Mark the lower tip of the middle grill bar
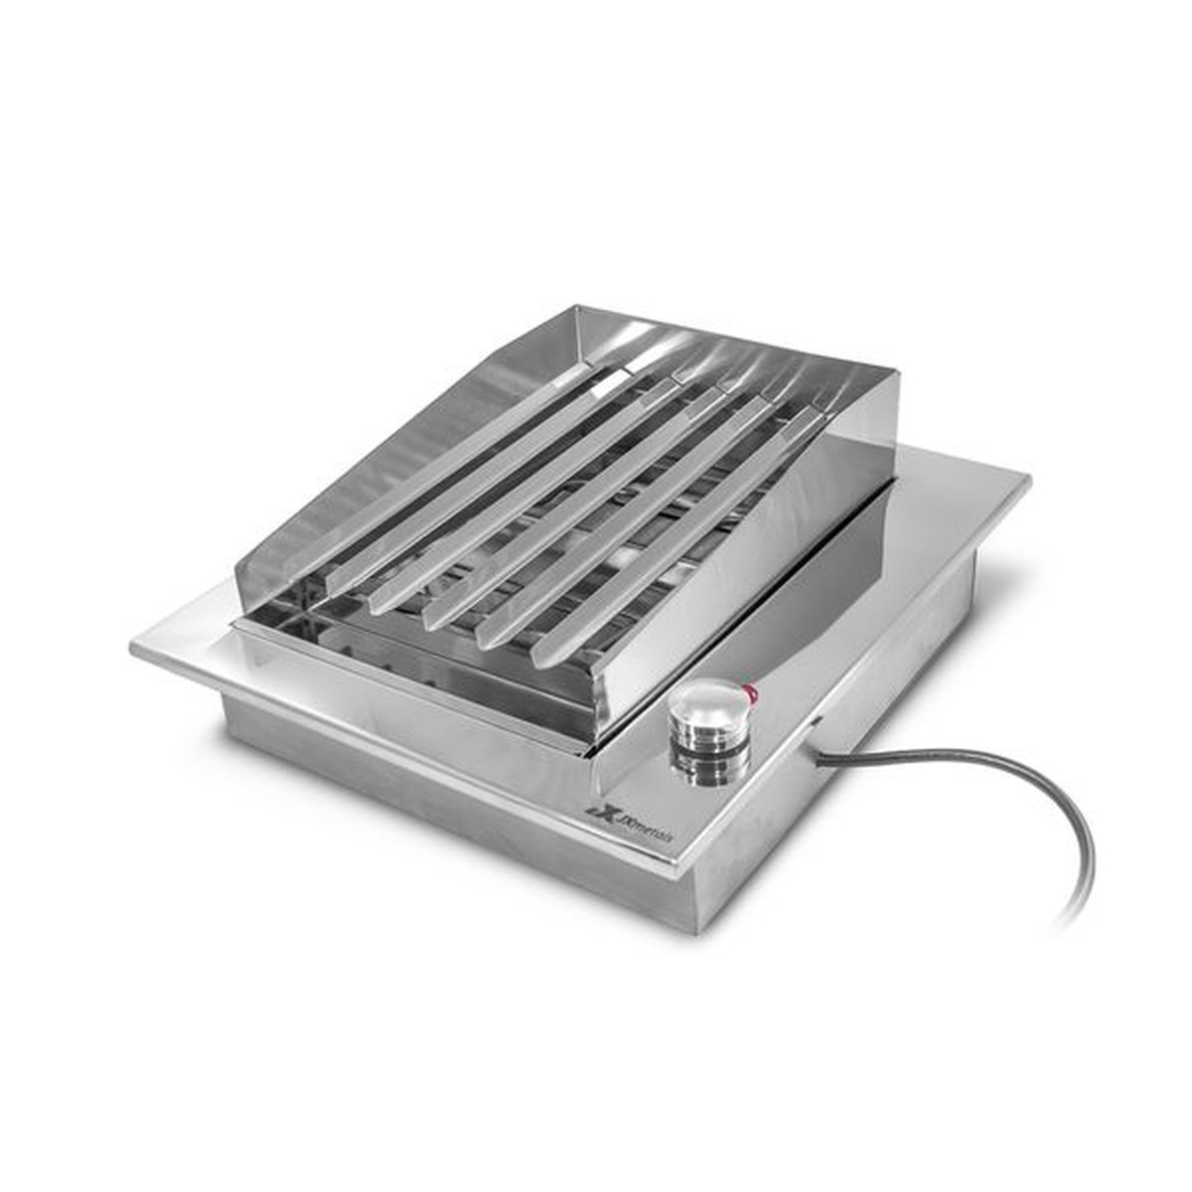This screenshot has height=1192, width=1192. click(x=437, y=618)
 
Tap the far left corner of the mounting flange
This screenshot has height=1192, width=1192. click(x=134, y=647)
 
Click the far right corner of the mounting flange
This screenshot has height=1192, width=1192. click(x=1028, y=483)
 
